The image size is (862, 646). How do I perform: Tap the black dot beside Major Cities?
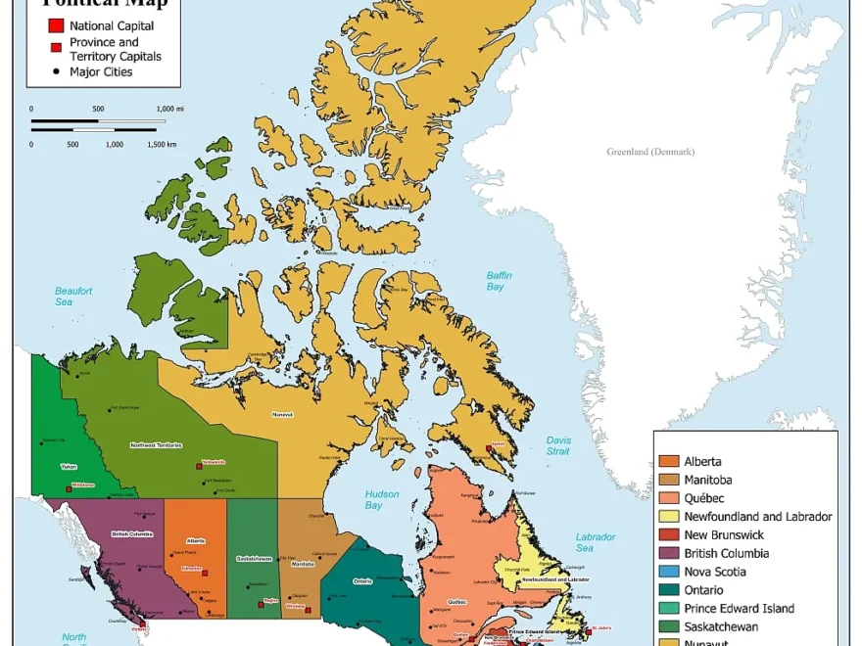tap(56, 71)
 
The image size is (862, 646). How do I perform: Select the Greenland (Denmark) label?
tap(649, 152)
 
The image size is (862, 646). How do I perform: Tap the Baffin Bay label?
tap(500, 281)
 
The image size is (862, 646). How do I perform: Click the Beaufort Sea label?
tap(72, 297)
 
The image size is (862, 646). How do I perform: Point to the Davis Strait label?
tap(558, 445)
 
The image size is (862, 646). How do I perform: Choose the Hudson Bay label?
tap(381, 499)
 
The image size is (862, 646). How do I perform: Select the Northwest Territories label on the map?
tap(156, 445)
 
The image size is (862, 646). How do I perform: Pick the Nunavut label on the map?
tap(283, 415)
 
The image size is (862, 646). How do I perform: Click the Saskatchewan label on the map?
tap(254, 559)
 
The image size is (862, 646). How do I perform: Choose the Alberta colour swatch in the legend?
tap(669, 461)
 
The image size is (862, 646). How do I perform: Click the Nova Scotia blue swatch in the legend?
tap(669, 572)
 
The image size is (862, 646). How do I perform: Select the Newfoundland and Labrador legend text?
tap(757, 516)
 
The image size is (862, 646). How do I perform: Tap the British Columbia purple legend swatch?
tap(669, 553)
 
